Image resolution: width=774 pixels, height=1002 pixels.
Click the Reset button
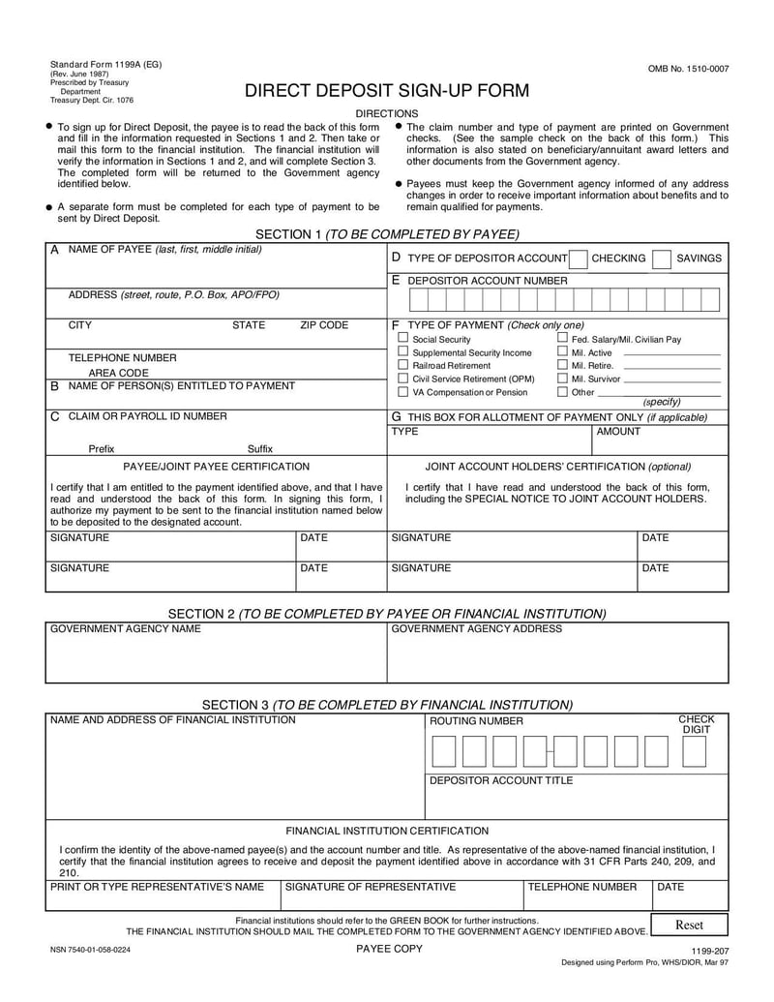pos(689,925)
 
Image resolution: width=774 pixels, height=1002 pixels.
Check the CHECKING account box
pos(578,258)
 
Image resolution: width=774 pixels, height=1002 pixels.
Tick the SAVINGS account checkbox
pos(662,258)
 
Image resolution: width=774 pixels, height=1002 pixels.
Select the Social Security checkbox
pos(403,339)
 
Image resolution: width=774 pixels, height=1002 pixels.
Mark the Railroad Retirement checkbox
pos(403,366)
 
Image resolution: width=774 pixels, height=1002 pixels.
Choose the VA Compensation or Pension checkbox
pos(403,392)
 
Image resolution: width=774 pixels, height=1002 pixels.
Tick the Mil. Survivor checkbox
pos(562,379)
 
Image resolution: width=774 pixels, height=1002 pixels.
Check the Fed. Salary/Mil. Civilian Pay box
pos(562,339)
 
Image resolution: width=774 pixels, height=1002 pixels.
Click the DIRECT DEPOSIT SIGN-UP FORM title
pos(386,91)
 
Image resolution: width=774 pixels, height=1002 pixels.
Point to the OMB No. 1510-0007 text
pos(688,69)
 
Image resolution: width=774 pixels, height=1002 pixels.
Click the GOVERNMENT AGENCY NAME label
pos(126,629)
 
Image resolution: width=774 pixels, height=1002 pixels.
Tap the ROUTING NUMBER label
pos(476,721)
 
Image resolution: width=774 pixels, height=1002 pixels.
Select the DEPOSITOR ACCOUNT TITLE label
pos(501,780)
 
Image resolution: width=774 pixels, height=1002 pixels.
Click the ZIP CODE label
pos(324,326)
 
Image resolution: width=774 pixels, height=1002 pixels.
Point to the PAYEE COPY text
pos(389,949)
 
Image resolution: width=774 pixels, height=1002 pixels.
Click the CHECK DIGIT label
pos(696,724)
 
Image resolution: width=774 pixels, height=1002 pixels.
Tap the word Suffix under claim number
pos(260,449)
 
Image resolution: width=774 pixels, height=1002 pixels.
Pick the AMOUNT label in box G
pos(618,432)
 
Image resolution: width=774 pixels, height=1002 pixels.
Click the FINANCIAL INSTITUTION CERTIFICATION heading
pos(387,831)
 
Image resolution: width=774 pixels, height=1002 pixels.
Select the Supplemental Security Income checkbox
pos(403,352)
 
